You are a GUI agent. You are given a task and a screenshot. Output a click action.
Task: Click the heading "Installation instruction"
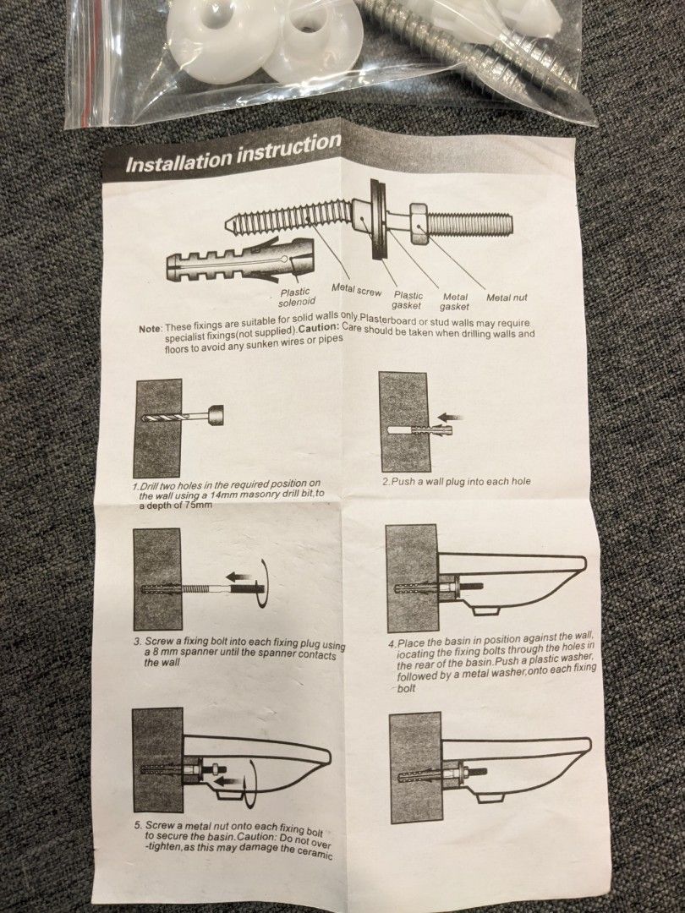pyautogui.click(x=233, y=153)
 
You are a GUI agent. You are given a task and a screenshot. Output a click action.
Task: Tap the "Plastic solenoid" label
pyautogui.click(x=296, y=297)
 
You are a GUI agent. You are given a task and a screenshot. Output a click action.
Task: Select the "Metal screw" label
pyautogui.click(x=356, y=289)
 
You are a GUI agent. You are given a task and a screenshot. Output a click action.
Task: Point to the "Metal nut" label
pyautogui.click(x=507, y=298)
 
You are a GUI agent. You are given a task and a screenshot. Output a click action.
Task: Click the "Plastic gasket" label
pyautogui.click(x=407, y=300)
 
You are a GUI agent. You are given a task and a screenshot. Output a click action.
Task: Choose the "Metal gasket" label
pyautogui.click(x=454, y=302)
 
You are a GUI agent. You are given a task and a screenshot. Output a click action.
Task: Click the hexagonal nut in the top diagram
pyautogui.click(x=419, y=223)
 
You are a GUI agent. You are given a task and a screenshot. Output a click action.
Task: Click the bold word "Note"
pyautogui.click(x=150, y=329)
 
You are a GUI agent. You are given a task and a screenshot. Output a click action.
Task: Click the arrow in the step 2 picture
pyautogui.click(x=450, y=417)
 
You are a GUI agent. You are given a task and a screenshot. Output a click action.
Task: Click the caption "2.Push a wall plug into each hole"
pyautogui.click(x=456, y=482)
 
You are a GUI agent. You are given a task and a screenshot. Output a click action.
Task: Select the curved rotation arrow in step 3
pyautogui.click(x=263, y=583)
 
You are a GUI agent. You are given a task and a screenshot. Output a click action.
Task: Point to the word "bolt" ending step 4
pyautogui.click(x=407, y=689)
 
